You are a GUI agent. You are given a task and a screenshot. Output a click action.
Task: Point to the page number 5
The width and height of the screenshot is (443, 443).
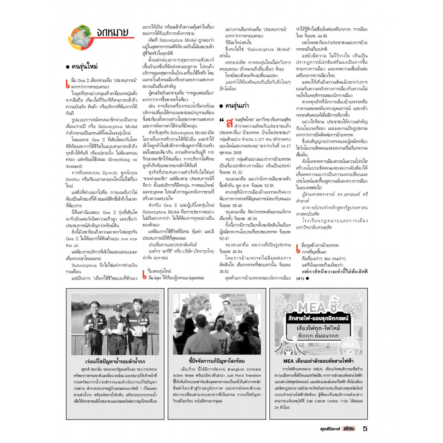tap(365, 428)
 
